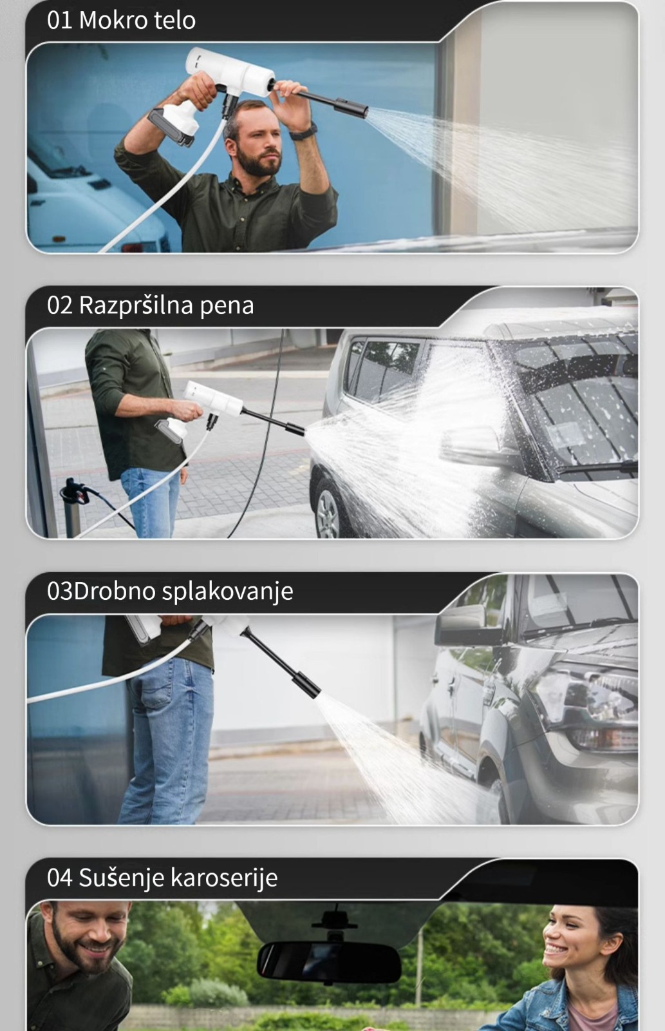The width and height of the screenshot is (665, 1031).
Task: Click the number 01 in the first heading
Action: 59,21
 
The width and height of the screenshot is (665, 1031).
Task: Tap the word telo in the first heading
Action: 174,21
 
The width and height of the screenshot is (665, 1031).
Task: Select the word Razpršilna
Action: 136,306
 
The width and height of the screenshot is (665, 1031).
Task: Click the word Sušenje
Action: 122,877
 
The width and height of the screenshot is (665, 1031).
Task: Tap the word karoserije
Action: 224,878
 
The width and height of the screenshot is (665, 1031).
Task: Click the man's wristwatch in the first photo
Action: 304,131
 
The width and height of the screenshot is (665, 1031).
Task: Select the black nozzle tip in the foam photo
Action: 294,429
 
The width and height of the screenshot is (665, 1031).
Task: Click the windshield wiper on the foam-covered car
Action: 598,467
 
